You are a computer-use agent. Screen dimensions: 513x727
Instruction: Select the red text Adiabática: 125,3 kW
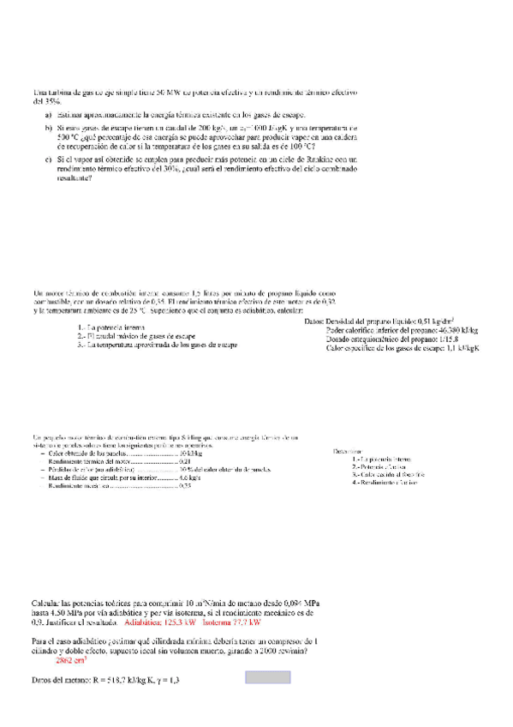pos(158,625)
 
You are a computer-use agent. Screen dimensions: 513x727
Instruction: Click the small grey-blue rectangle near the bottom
pos(269,677)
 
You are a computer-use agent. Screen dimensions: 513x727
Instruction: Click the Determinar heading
pos(347,449)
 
